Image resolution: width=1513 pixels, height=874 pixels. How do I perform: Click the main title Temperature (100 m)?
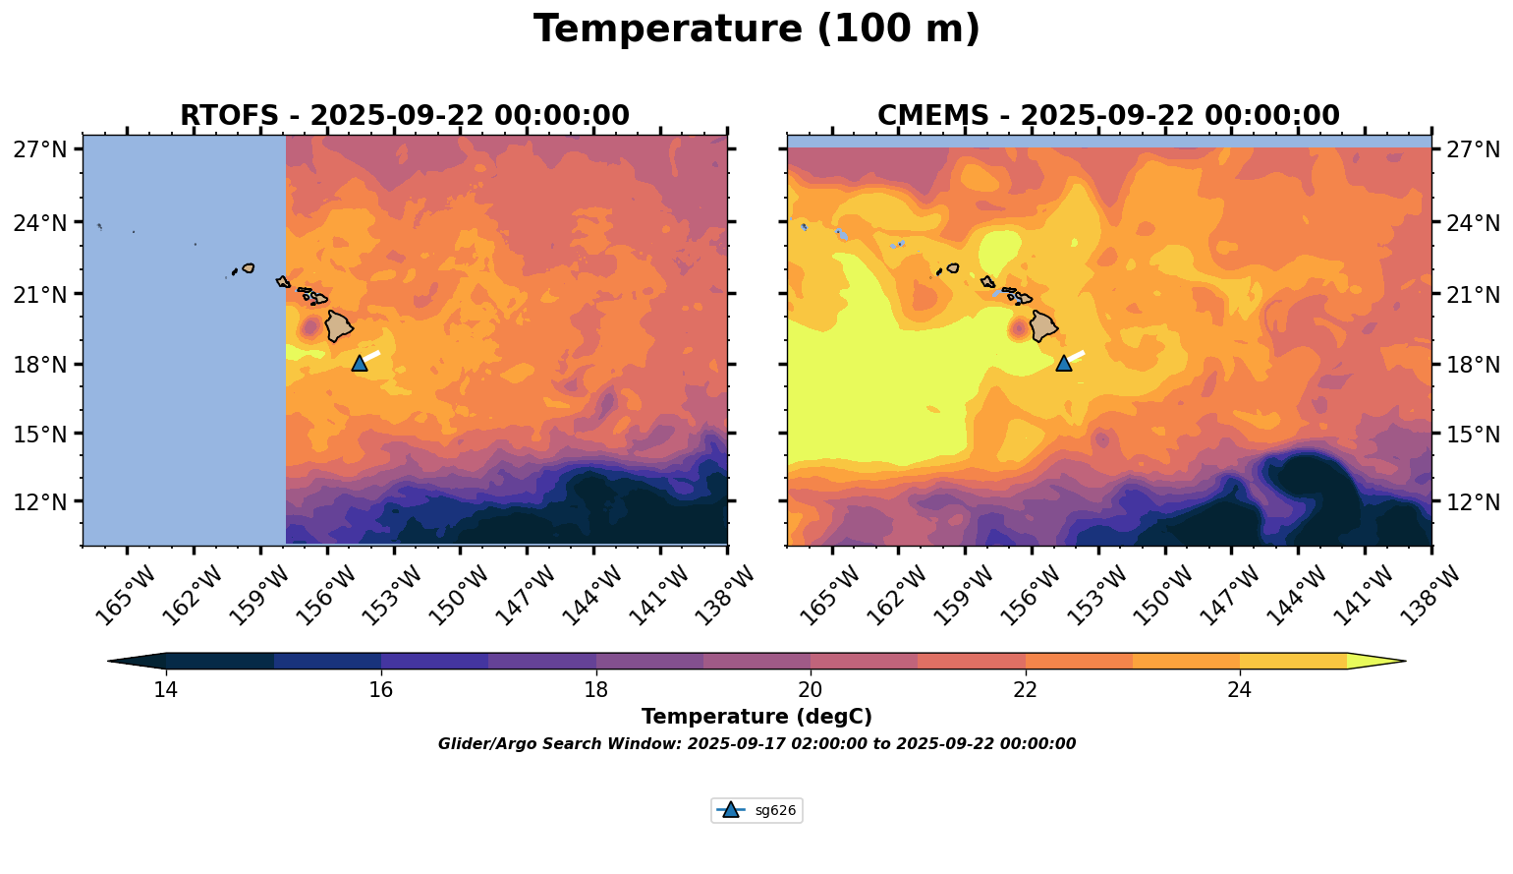tap(756, 29)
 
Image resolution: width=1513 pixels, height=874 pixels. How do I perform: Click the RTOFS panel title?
tap(404, 116)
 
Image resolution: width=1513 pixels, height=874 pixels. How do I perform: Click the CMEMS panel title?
tap(1107, 116)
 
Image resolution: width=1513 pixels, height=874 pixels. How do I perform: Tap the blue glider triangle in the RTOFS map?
tap(360, 363)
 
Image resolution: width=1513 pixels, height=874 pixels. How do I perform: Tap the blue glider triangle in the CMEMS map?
tap(1063, 363)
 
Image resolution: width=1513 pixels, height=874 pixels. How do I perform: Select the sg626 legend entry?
tap(756, 811)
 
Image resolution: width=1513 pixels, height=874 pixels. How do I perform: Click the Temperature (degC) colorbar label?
tap(756, 717)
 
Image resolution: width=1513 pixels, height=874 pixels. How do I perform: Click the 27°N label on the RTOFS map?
tap(39, 149)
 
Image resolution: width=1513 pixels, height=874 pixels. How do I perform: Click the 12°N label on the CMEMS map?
tap(1474, 501)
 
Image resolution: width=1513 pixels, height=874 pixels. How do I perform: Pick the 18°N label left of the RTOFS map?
tap(39, 364)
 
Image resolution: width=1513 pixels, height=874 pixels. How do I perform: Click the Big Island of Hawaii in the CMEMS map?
tap(1042, 325)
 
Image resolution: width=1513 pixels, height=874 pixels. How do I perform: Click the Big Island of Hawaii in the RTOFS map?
tap(339, 325)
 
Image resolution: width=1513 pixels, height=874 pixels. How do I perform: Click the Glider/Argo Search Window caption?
tap(756, 744)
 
